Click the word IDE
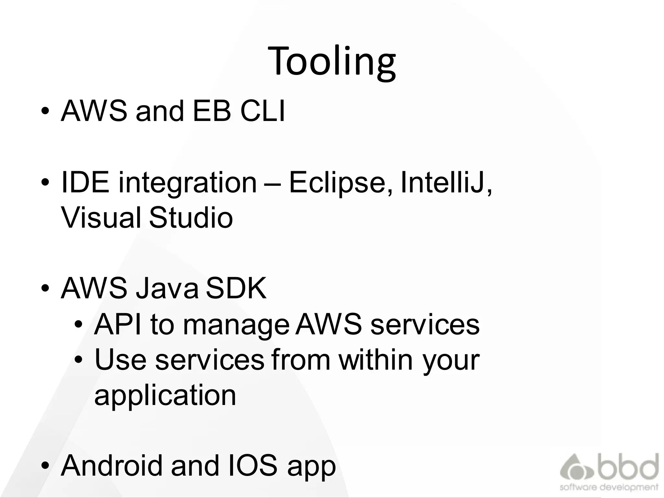click(85, 183)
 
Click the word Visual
click(101, 218)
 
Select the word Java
click(167, 289)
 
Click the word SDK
click(236, 289)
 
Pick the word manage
click(236, 326)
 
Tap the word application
click(165, 396)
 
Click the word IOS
click(253, 466)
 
